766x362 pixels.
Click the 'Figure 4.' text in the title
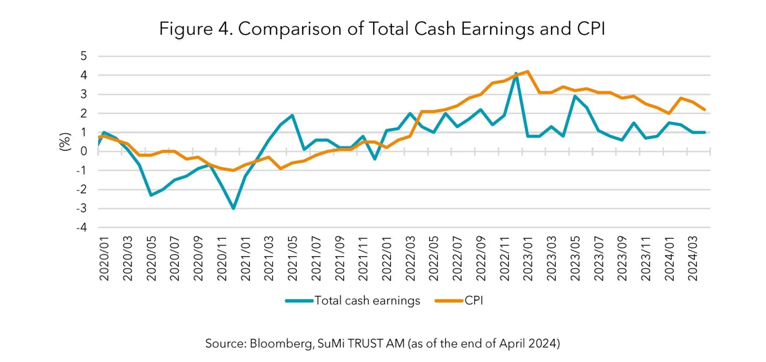click(x=195, y=29)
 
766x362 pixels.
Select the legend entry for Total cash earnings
click(x=353, y=301)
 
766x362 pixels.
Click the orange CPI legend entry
click(x=459, y=301)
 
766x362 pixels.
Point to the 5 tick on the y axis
click(x=83, y=56)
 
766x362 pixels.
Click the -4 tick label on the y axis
click(x=81, y=227)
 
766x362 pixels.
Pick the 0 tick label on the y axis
click(x=83, y=151)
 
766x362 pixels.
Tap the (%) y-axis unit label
click(x=65, y=142)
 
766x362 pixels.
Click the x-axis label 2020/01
click(x=104, y=259)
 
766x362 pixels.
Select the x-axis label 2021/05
click(x=292, y=259)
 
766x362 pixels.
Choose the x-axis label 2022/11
click(x=505, y=259)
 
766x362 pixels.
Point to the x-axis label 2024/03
click(x=693, y=259)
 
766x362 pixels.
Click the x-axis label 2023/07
click(x=599, y=259)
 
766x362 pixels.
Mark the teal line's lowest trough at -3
click(x=233, y=208)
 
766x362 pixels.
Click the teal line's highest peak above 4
click(x=516, y=74)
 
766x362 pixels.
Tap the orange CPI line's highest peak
click(x=528, y=72)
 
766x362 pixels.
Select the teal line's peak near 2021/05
click(x=292, y=115)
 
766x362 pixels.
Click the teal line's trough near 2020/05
click(x=151, y=195)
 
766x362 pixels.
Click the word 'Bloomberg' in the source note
click(x=281, y=344)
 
